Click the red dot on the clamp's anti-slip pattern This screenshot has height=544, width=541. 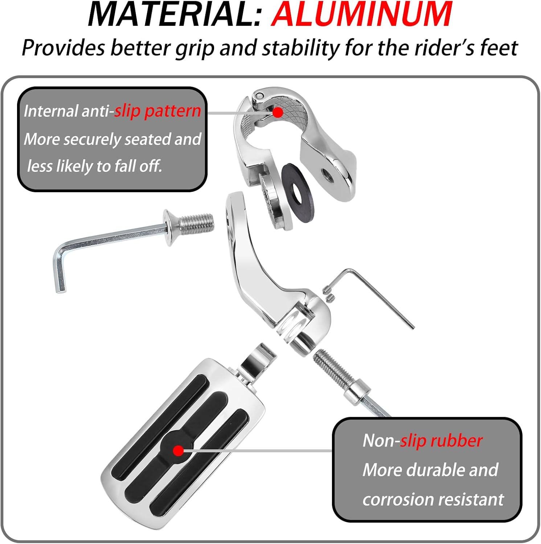tap(278, 112)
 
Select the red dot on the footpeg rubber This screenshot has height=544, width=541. tap(178, 451)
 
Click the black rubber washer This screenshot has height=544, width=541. tap(298, 192)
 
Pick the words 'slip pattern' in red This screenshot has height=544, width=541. tap(157, 111)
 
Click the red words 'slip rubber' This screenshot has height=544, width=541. tap(441, 441)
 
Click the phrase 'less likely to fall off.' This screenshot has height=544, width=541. tap(94, 166)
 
